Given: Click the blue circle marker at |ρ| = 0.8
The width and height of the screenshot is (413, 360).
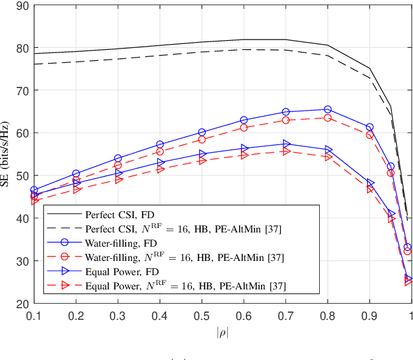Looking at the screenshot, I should pos(328,109).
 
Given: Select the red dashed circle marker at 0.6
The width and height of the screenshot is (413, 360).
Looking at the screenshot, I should pos(244,128).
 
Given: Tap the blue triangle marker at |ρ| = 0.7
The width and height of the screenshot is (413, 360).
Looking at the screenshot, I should pos(286,144).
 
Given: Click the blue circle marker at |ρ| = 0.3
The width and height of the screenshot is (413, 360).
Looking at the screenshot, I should pos(118,158).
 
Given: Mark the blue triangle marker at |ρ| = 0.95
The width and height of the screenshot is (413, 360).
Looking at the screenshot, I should pos(390,214).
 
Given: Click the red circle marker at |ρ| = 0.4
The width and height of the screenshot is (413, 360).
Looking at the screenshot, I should pos(160,152).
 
